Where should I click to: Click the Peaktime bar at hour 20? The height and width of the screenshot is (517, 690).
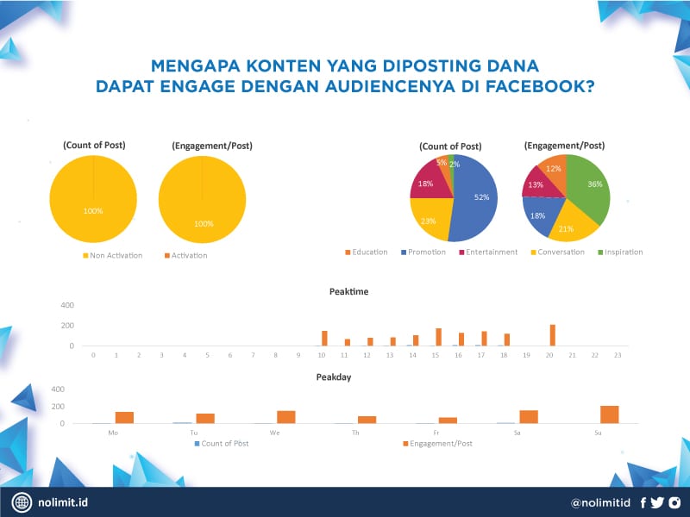(553, 335)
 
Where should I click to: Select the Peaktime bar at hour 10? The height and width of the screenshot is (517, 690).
(324, 338)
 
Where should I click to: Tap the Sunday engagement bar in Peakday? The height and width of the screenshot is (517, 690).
(610, 414)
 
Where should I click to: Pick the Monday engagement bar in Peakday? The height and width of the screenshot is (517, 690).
(124, 418)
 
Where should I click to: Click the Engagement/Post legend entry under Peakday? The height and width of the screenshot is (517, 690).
(440, 443)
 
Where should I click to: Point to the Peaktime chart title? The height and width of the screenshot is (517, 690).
(348, 291)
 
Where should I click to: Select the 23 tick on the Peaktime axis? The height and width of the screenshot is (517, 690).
(618, 355)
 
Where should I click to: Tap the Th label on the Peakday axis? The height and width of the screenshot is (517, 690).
(355, 433)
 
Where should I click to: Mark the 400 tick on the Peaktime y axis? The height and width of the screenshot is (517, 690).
(67, 306)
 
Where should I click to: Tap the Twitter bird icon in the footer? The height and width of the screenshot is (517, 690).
(657, 502)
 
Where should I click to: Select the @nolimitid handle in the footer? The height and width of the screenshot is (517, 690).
(601, 502)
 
